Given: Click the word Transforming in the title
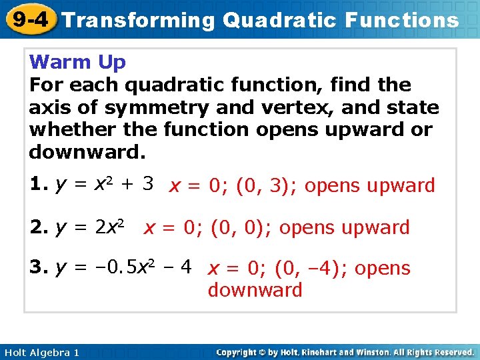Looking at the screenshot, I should click(139, 20).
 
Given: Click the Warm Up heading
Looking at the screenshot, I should click(77, 63).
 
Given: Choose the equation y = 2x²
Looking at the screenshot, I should click(94, 227).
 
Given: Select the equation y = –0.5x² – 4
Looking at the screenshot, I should click(124, 268).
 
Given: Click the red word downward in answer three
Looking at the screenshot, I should click(255, 291).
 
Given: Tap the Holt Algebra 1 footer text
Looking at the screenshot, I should click(41, 352).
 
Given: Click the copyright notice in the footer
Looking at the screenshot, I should click(345, 352).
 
